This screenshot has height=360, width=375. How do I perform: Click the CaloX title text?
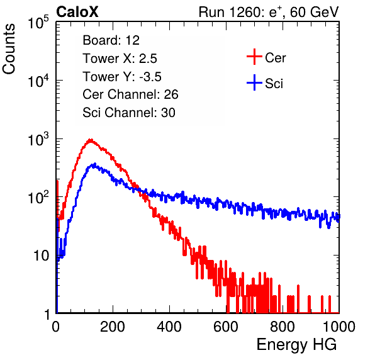pos(77,12)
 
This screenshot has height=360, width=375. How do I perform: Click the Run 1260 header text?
pos(269,12)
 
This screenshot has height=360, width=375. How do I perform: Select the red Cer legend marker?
pos(254,57)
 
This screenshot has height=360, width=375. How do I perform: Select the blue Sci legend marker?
pos(254,83)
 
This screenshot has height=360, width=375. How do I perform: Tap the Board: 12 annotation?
pos(111,40)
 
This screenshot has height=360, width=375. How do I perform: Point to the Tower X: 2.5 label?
pos(120,59)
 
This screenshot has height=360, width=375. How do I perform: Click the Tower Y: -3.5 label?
pos(122,77)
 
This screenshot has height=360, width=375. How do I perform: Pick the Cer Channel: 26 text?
pos(130,94)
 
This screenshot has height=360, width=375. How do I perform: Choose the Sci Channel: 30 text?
pos(129,113)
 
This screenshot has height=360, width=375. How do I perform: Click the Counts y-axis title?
pos(9,49)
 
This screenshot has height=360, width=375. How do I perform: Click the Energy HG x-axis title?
pos(296,345)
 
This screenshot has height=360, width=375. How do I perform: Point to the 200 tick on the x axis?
pos(113,327)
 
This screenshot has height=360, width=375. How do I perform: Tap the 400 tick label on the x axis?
pos(169,327)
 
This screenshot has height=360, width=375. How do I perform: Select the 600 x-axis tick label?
pos(226,327)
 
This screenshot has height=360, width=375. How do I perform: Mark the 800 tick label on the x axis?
pos(283,327)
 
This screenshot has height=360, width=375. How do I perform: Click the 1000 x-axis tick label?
pos(339,327)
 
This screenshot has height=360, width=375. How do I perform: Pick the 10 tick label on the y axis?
pos(41,256)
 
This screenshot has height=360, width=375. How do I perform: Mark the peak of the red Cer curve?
pos(91,140)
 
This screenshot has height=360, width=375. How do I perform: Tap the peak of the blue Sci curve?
pos(95,164)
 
